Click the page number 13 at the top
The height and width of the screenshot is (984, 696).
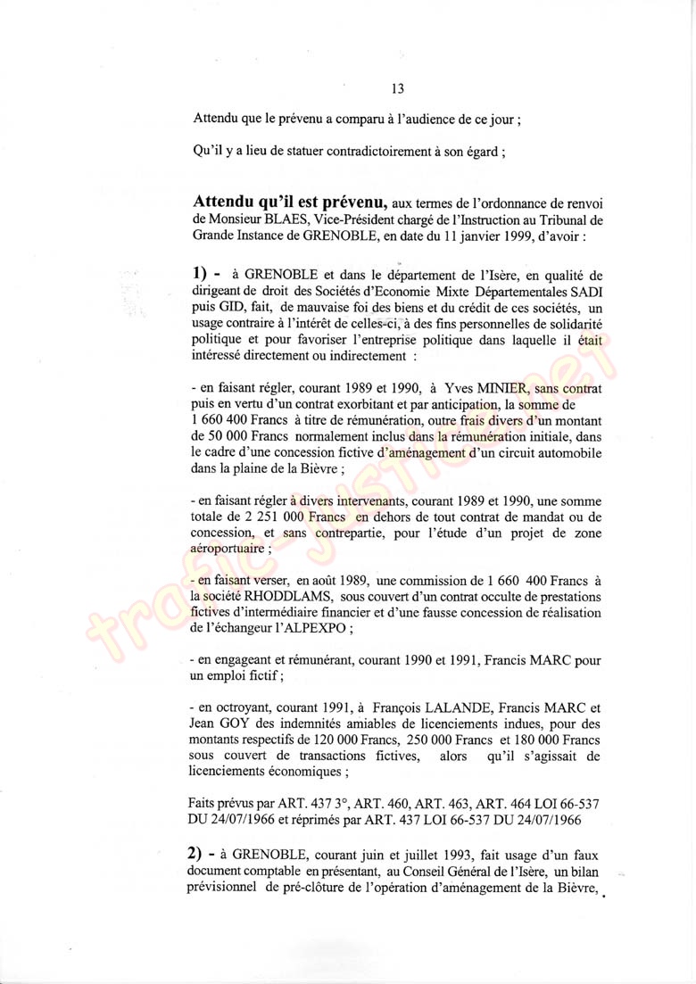(x=398, y=88)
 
